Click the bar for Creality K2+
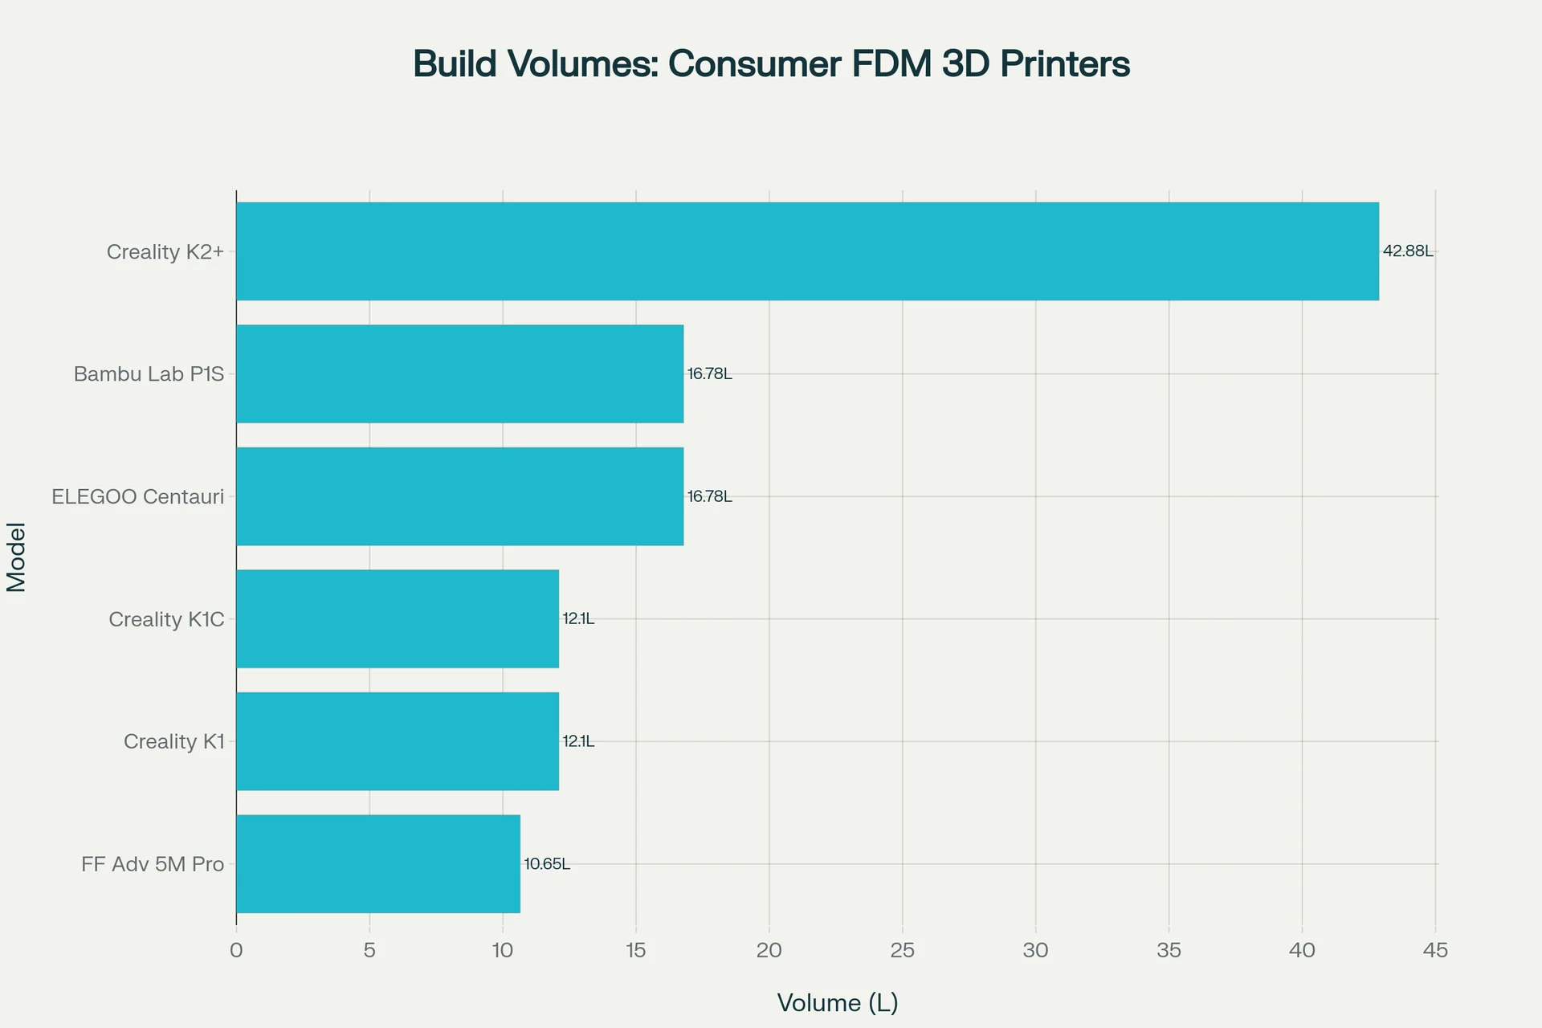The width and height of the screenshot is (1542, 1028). (807, 251)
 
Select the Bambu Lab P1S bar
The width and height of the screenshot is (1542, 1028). (459, 373)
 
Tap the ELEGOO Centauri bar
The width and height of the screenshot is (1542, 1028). (459, 496)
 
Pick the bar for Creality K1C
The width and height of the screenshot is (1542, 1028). (398, 618)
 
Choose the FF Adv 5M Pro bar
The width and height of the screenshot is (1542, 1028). (377, 863)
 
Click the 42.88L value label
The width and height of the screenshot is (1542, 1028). (1407, 251)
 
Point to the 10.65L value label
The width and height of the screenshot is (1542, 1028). (547, 864)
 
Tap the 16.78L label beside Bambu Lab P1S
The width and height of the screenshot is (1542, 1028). (709, 373)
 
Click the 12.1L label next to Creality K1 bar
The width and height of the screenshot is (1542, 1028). (578, 741)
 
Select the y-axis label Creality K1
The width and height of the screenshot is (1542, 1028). (173, 741)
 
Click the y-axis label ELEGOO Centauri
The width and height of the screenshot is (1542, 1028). (137, 496)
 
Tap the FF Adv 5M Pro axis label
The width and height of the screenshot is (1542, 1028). (153, 864)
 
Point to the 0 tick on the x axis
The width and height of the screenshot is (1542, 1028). (236, 951)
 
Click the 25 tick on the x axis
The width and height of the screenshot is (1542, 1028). (903, 951)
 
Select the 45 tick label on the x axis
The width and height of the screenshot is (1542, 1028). (1434, 951)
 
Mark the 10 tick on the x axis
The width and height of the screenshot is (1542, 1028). (502, 951)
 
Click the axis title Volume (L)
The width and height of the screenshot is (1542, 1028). (837, 1002)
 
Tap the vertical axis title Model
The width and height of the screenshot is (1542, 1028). (16, 557)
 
